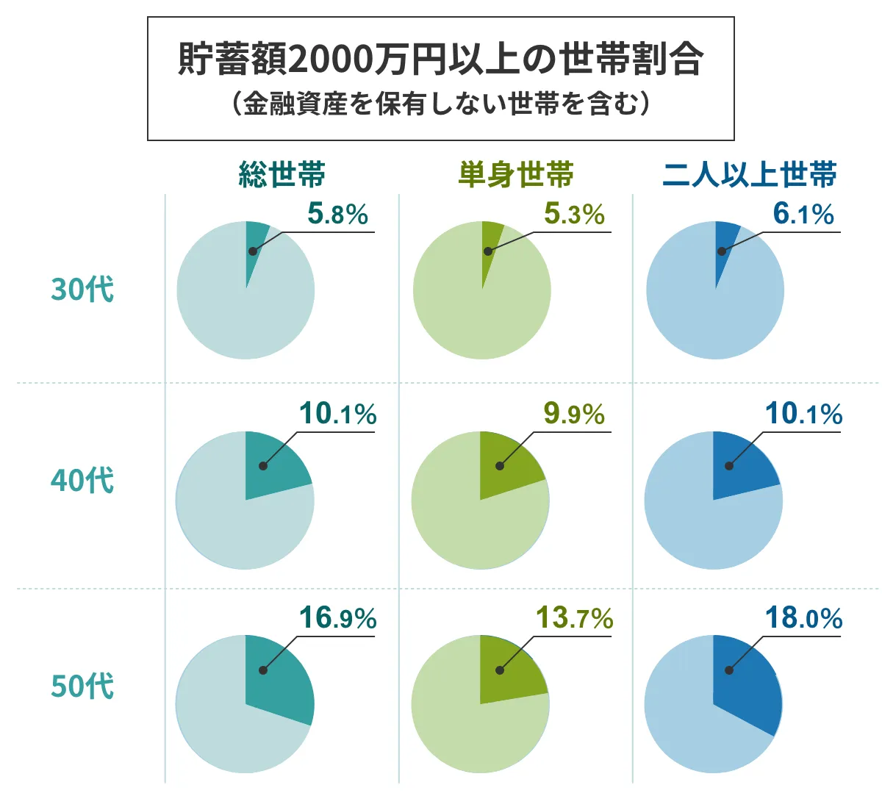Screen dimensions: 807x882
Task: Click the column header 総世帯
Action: (282, 175)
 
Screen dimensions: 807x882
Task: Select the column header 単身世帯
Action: (516, 175)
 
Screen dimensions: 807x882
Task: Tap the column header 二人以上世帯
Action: (750, 175)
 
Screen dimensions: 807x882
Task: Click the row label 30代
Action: (82, 289)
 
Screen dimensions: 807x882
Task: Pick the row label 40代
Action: (82, 480)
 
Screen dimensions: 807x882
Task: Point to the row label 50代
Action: (82, 686)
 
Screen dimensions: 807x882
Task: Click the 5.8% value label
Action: (337, 214)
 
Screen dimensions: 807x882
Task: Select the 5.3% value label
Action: (574, 214)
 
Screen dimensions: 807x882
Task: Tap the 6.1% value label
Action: (803, 214)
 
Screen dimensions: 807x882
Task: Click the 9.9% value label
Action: (574, 414)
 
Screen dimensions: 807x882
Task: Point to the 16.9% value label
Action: (337, 618)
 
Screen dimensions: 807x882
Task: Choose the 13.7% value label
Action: (574, 618)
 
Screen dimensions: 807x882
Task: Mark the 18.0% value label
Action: (803, 618)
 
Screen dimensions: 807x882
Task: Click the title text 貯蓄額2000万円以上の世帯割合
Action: (441, 60)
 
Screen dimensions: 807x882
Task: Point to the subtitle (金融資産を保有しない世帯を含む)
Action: (441, 104)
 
